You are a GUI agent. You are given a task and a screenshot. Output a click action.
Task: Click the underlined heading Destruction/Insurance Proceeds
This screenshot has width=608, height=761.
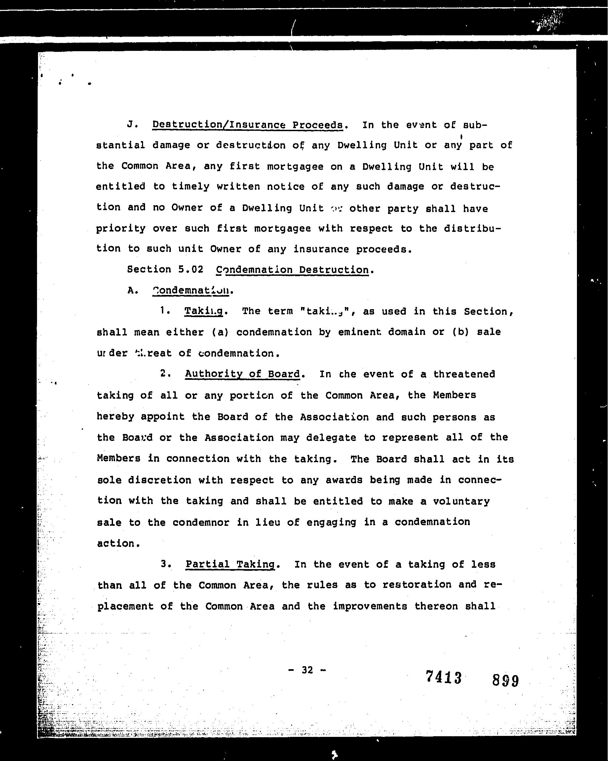coord(247,125)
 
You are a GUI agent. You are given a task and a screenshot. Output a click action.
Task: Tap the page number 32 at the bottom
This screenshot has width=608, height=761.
coord(307,670)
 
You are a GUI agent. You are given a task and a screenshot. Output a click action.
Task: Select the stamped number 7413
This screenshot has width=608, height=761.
coord(444,677)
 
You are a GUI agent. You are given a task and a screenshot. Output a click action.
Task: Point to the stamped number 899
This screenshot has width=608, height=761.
coord(505,680)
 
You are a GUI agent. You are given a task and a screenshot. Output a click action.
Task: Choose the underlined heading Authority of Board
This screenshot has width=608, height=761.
coord(242,374)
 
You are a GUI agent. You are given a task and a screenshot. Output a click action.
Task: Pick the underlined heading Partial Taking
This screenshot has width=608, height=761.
coord(230,564)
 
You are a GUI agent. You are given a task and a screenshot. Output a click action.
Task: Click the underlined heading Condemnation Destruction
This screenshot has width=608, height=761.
coord(292,270)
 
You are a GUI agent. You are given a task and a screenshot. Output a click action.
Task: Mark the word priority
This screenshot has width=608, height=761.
coord(121,229)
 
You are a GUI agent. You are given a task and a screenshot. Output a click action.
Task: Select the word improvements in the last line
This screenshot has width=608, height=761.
coord(370,606)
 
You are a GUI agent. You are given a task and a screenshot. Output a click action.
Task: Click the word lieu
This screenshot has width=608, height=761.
coord(266,522)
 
